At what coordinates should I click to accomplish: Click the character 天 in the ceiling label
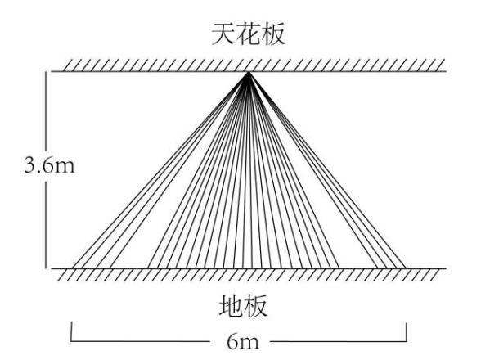point(223,34)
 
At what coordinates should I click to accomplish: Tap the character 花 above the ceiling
point(248,34)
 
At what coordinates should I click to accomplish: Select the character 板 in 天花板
point(273,34)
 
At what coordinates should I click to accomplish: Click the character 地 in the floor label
point(231,306)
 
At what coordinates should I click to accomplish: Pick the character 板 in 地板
point(255,306)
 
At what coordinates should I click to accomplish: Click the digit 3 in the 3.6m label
point(30,165)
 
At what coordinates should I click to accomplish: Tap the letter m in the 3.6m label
point(65,168)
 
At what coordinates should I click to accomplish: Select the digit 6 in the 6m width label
point(233,341)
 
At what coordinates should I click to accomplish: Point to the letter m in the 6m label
point(249,344)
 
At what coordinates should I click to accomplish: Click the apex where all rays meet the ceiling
point(248,72)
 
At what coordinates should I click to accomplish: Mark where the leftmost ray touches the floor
point(72,268)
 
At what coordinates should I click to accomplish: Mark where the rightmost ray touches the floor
point(406,268)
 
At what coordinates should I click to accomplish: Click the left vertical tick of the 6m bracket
point(71,331)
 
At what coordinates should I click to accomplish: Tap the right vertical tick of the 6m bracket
point(407,332)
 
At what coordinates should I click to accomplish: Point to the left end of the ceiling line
point(52,71)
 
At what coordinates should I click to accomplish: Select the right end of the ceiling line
point(446,71)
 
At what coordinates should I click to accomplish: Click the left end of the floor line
point(52,268)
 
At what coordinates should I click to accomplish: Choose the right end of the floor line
point(446,268)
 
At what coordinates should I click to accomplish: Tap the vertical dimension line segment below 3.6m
point(47,225)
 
